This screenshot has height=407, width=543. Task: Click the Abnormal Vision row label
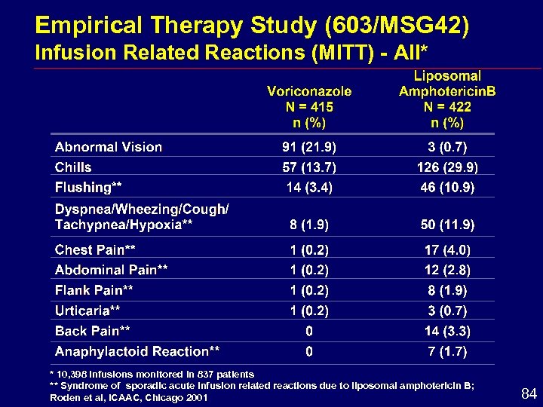109,147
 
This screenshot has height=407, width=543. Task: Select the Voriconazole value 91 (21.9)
309,147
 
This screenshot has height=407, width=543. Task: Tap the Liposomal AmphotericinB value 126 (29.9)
447,167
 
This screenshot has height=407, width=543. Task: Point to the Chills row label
73,167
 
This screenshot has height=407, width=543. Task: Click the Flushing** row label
88,187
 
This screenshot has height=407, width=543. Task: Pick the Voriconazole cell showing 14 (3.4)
309,187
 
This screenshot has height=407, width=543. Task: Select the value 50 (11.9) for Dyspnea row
447,225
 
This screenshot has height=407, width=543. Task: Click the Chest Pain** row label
95,249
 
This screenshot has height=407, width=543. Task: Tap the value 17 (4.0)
447,249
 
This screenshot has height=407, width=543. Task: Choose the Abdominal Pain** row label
111,270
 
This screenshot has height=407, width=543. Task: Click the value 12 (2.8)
447,270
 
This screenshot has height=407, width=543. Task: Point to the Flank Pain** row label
94,290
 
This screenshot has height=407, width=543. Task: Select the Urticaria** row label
87,311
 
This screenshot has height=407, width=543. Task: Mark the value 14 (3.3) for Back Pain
447,331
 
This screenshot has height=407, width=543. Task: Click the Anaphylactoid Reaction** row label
137,351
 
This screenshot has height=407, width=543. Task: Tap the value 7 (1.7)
447,351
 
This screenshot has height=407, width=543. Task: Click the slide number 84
529,393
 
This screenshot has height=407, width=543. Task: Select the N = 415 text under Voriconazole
309,107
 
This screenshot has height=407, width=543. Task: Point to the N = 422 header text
447,107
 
